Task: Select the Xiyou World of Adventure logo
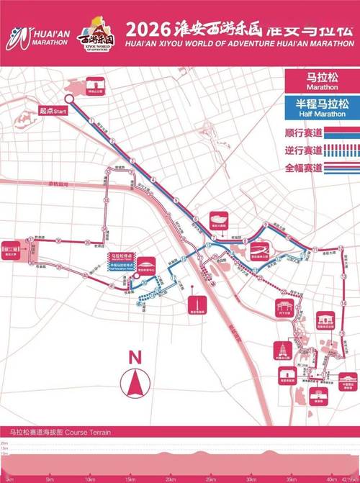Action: tap(98, 32)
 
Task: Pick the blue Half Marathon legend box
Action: tap(322, 108)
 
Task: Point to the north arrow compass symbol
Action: tap(134, 383)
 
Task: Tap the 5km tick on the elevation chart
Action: tap(50, 478)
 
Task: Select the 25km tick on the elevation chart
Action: tap(210, 478)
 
